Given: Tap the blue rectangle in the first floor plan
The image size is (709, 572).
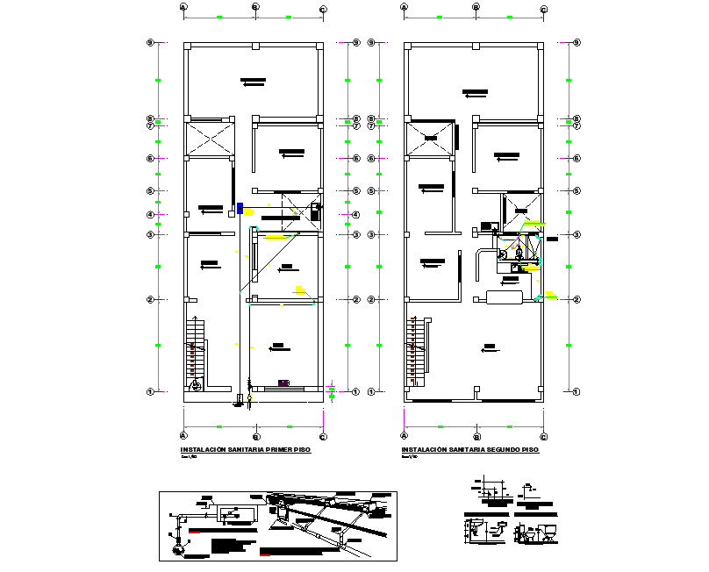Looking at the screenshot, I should coord(240,208).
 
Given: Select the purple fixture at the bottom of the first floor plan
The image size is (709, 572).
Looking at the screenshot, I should coord(283,382).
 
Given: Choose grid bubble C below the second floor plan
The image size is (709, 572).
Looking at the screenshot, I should coord(544,436).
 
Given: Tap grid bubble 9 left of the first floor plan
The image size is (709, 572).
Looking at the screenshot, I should coord(150,42).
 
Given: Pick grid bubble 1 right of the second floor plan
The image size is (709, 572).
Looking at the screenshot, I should coord(577,391).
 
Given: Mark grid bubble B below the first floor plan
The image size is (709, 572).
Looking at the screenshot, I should coord(254,436).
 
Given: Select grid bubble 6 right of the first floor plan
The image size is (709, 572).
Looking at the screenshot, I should coord(355,159).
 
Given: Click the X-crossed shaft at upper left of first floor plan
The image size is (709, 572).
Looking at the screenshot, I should coord(210,139).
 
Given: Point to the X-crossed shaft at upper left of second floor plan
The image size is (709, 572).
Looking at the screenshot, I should coord(431,139).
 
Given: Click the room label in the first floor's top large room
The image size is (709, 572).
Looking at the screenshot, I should coord(254,82).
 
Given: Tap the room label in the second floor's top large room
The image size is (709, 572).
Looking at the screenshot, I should coord(475,91).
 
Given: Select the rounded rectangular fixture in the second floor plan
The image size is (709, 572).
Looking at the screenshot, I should coord(509,297).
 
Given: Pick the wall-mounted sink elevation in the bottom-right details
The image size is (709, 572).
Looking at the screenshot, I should coord(475,529).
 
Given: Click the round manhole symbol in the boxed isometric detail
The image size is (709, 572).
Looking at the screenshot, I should coord(178,550).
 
